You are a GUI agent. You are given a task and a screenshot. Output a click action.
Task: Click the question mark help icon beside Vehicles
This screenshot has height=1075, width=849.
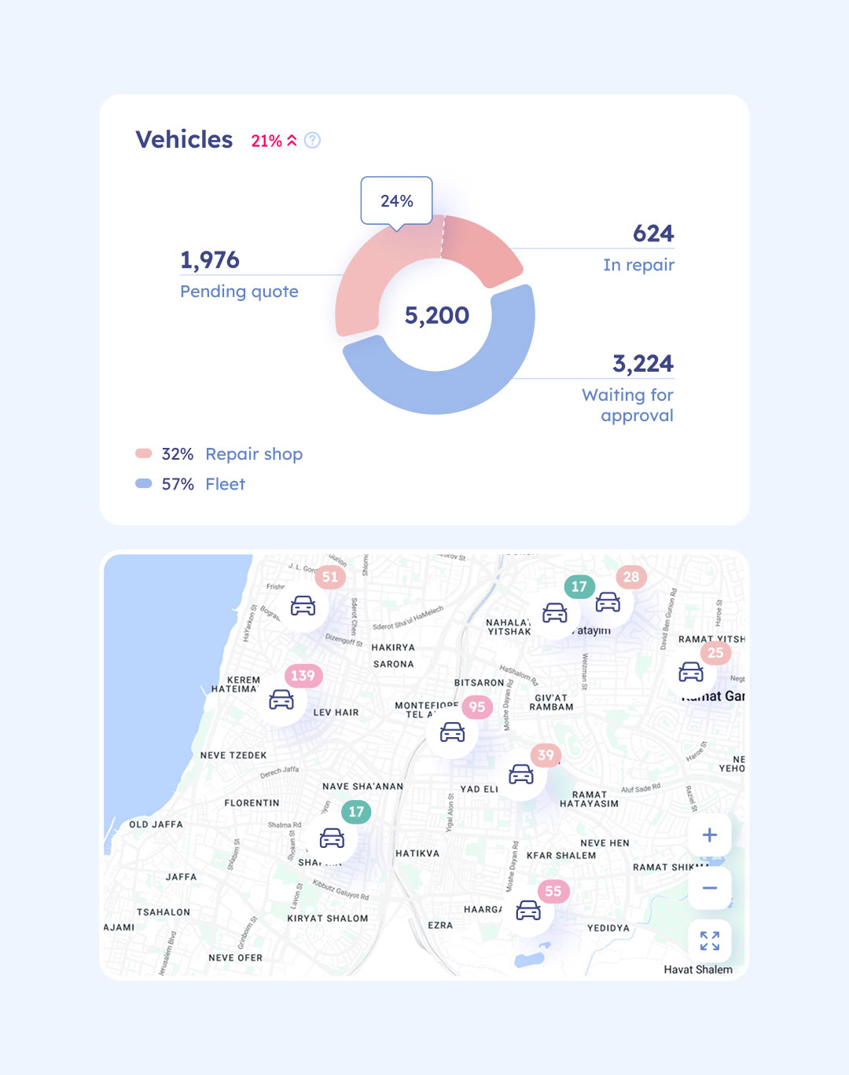pyautogui.click(x=312, y=140)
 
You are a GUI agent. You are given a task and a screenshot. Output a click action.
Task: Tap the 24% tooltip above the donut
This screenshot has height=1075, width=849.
pyautogui.click(x=396, y=201)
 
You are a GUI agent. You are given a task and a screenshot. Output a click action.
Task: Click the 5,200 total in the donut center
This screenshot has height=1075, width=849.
pyautogui.click(x=436, y=315)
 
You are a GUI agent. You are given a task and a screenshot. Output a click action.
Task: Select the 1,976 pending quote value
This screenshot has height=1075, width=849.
pyautogui.click(x=210, y=260)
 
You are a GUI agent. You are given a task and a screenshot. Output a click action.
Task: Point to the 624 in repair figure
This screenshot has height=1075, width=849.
pyautogui.click(x=653, y=233)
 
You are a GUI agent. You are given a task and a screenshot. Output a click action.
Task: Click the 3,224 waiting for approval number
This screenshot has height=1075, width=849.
pyautogui.click(x=642, y=364)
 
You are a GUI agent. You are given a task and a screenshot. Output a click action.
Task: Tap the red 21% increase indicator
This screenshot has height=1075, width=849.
pyautogui.click(x=274, y=141)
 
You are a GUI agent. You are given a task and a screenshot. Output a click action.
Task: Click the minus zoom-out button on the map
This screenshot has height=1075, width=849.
pyautogui.click(x=709, y=888)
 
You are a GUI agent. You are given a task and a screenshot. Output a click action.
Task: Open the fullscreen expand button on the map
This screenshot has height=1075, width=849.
pyautogui.click(x=709, y=941)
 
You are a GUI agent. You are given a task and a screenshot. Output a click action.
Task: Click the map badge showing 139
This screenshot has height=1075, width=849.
pyautogui.click(x=303, y=675)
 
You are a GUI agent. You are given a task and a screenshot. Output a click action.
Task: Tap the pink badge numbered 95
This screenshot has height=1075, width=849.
pyautogui.click(x=477, y=706)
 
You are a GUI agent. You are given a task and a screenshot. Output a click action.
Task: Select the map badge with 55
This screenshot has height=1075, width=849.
pyautogui.click(x=553, y=891)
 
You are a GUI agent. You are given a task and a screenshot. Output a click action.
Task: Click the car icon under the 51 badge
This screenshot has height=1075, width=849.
pyautogui.click(x=303, y=606)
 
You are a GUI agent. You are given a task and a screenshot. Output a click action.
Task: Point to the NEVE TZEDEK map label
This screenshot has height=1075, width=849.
pyautogui.click(x=233, y=755)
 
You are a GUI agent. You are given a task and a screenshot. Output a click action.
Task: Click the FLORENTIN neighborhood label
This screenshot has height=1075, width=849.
pyautogui.click(x=252, y=803)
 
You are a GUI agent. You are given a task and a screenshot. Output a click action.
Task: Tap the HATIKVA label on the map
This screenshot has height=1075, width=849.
pyautogui.click(x=417, y=853)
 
